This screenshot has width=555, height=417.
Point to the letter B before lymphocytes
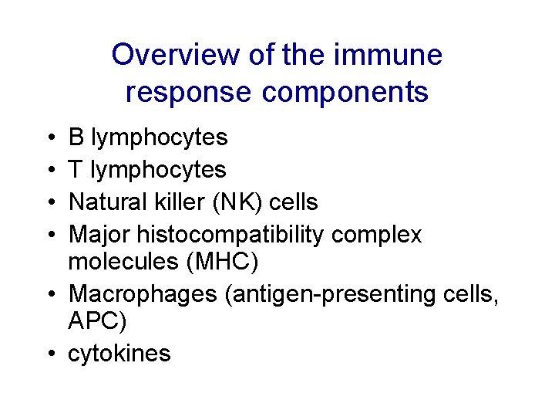click(x=76, y=137)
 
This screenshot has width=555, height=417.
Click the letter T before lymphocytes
click(x=76, y=170)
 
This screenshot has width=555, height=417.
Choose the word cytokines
click(x=119, y=354)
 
